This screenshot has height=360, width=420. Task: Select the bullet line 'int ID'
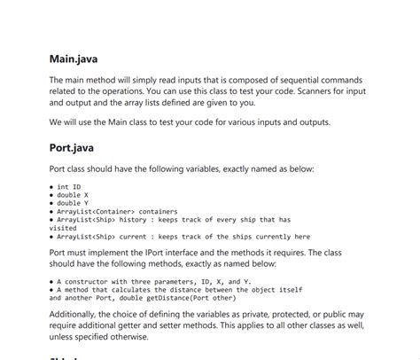point(68,187)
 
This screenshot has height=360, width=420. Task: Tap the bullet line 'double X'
point(73,195)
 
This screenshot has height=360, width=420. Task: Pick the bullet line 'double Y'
point(73,203)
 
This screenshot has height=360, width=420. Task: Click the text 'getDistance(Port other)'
point(184,297)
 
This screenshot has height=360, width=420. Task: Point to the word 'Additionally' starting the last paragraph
point(81,313)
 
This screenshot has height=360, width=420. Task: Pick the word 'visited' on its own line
point(65,227)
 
